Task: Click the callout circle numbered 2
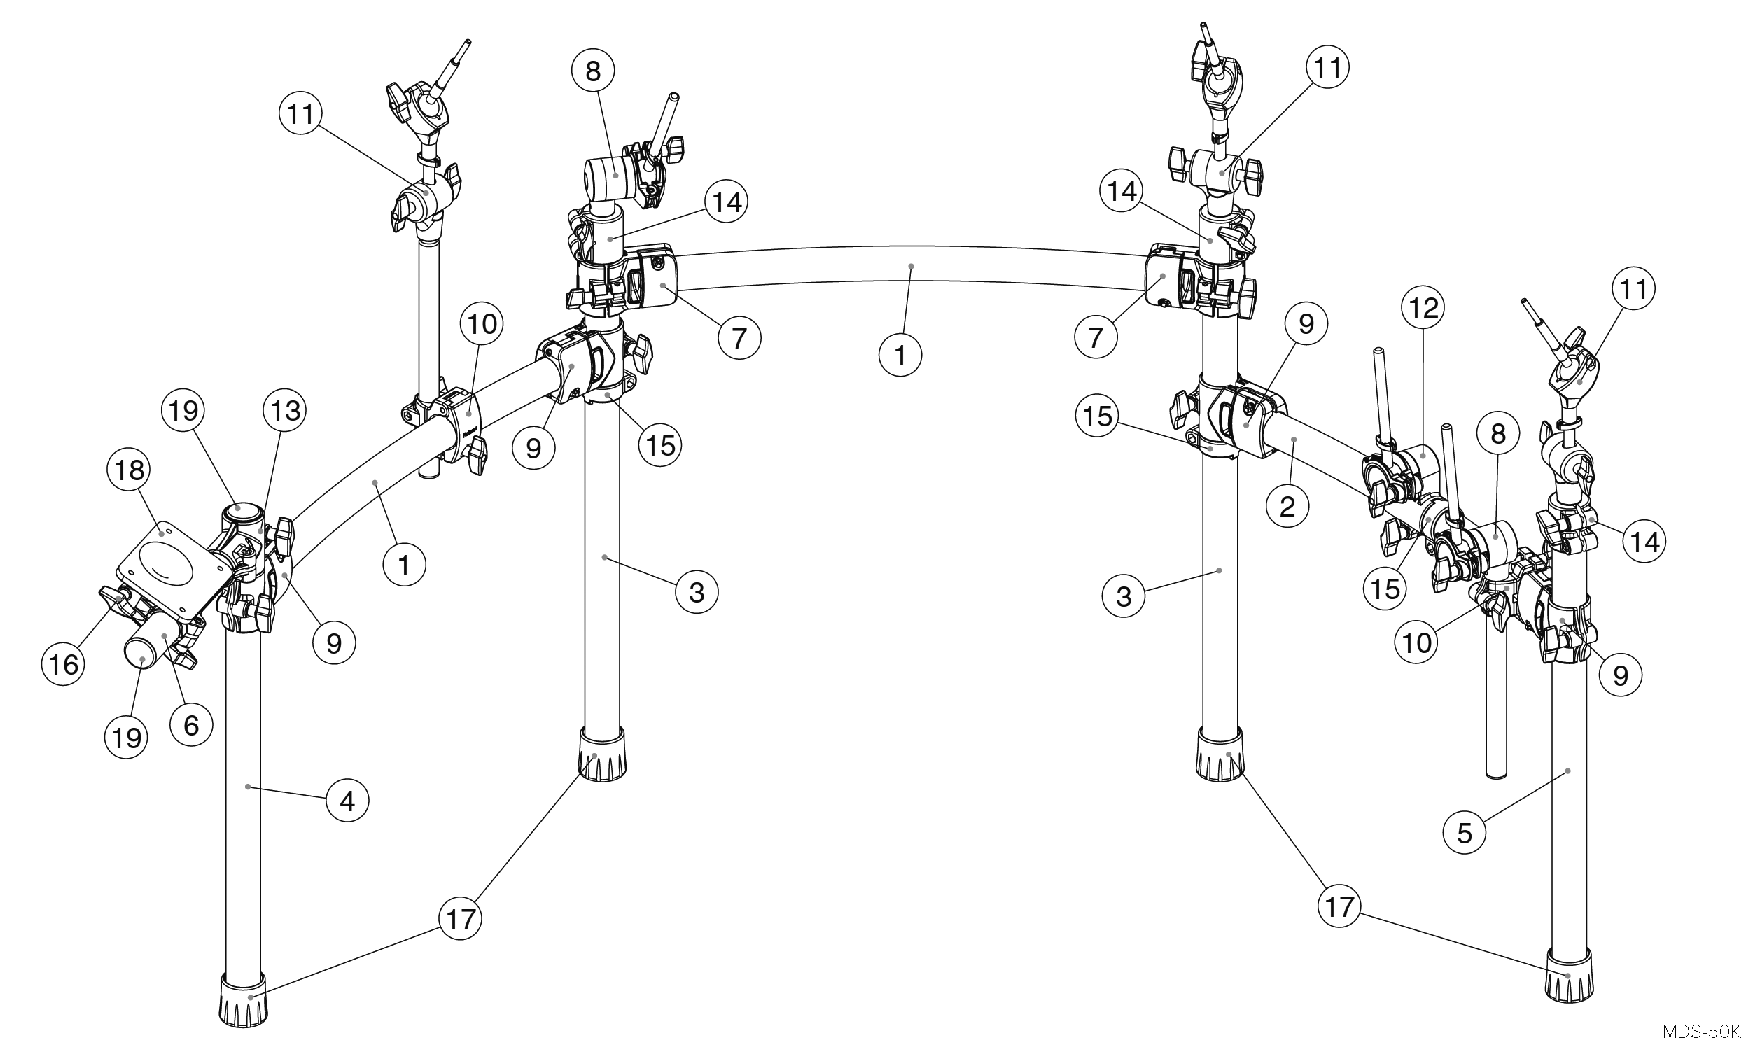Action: [x=1287, y=507]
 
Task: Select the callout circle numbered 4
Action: [x=347, y=801]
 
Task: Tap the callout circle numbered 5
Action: [x=1465, y=832]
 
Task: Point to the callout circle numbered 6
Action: [x=191, y=725]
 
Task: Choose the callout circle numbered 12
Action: [x=1424, y=307]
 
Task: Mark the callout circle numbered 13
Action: [x=285, y=411]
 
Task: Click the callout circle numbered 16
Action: [x=63, y=665]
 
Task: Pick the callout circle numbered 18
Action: [x=130, y=470]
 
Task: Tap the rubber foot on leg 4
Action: [x=244, y=999]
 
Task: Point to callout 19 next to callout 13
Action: [x=183, y=411]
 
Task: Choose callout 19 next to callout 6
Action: [x=127, y=738]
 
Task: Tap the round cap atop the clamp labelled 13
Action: [x=239, y=510]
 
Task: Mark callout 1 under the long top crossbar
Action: [x=900, y=355]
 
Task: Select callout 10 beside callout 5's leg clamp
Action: [x=1417, y=642]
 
